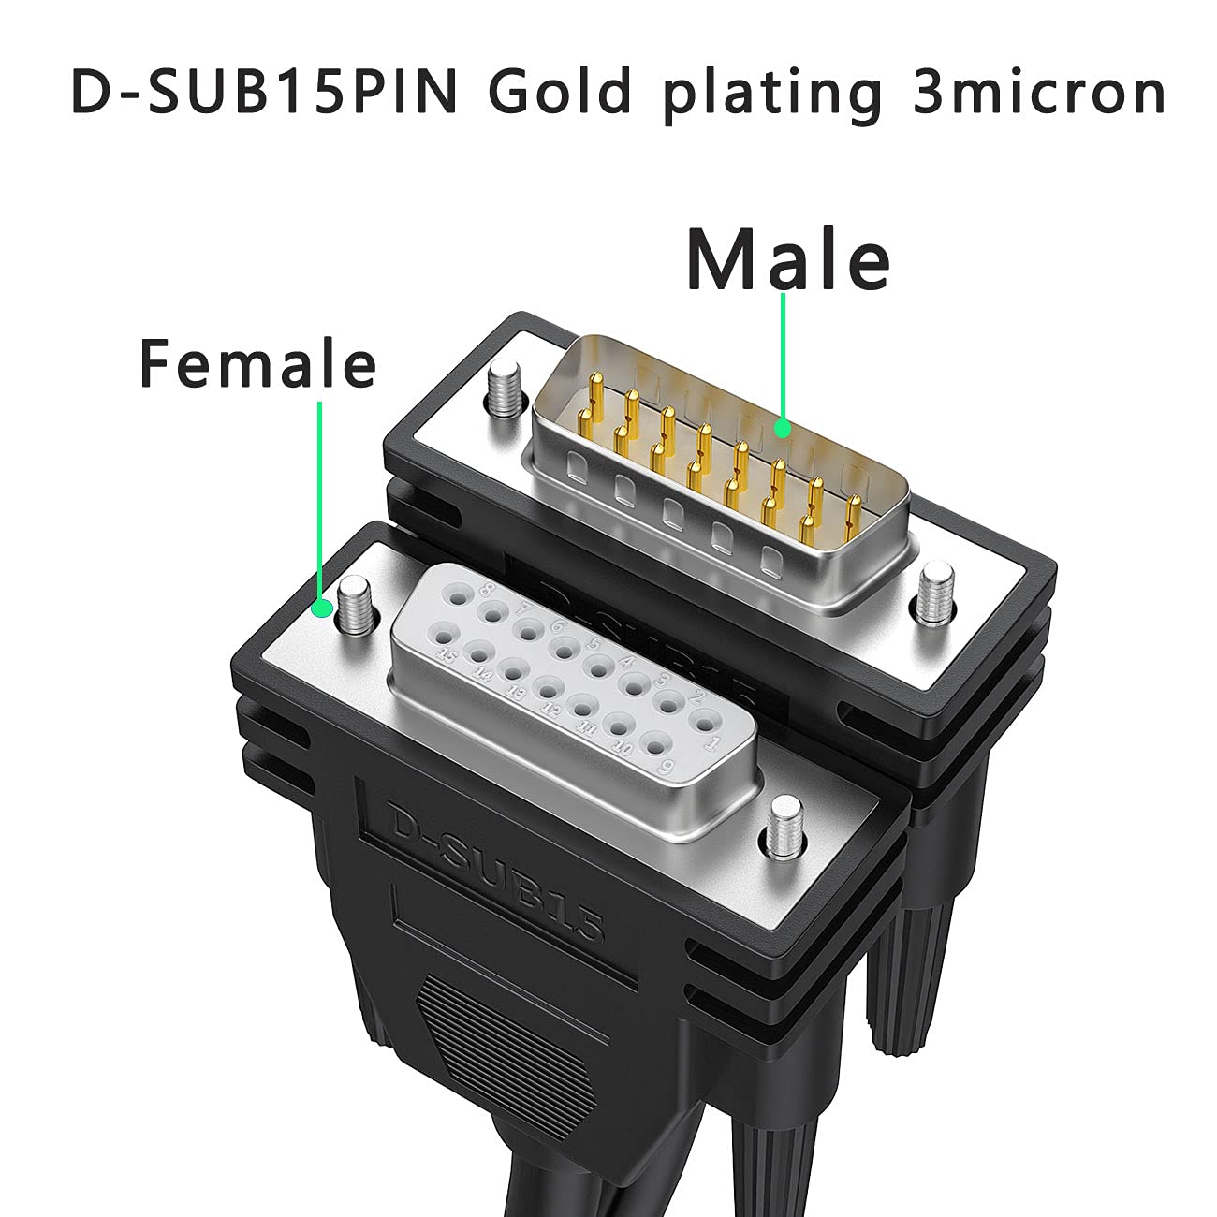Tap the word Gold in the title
(560, 93)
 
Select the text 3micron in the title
(1038, 93)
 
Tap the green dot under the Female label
(322, 609)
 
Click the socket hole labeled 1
(702, 723)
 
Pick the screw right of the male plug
(935, 594)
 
